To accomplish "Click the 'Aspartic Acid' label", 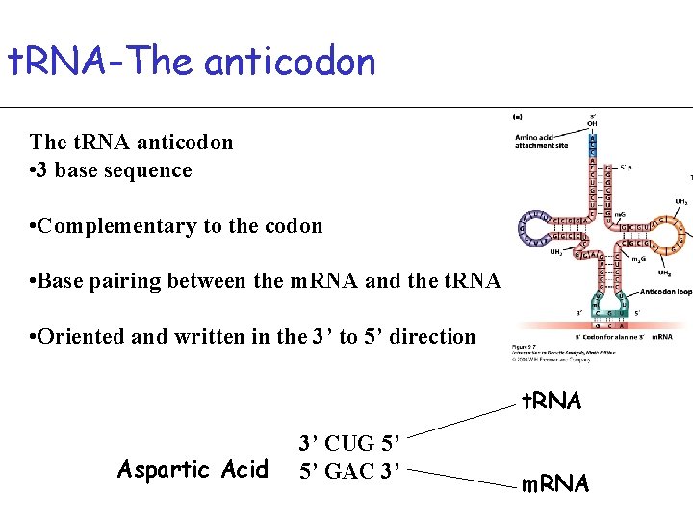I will coord(192,470).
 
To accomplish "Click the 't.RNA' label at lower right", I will coord(552,401).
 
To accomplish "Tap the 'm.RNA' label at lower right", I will coord(554,483).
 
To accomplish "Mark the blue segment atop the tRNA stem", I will coord(593,143).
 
